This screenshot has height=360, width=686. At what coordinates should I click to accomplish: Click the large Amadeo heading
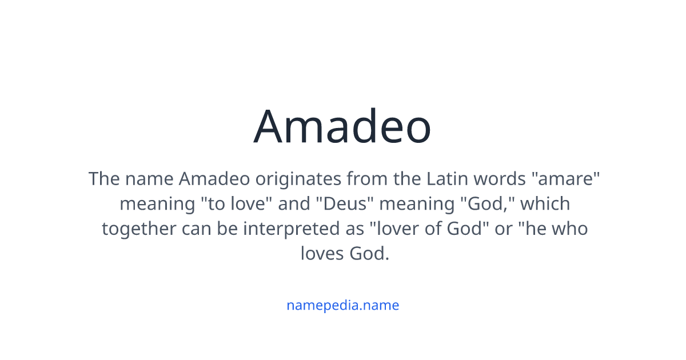[x=342, y=126]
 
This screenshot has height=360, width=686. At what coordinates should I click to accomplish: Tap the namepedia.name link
[x=342, y=305]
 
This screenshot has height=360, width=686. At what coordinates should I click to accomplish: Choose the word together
[x=139, y=229]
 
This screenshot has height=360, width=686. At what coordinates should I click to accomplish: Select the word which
[x=545, y=203]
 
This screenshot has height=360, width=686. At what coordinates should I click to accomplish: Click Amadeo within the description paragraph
[x=214, y=179]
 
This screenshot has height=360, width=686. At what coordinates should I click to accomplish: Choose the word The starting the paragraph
[x=104, y=179]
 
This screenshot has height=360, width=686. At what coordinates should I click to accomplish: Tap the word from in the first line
[x=366, y=179]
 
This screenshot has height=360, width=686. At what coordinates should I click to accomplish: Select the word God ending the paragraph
[x=369, y=253]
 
